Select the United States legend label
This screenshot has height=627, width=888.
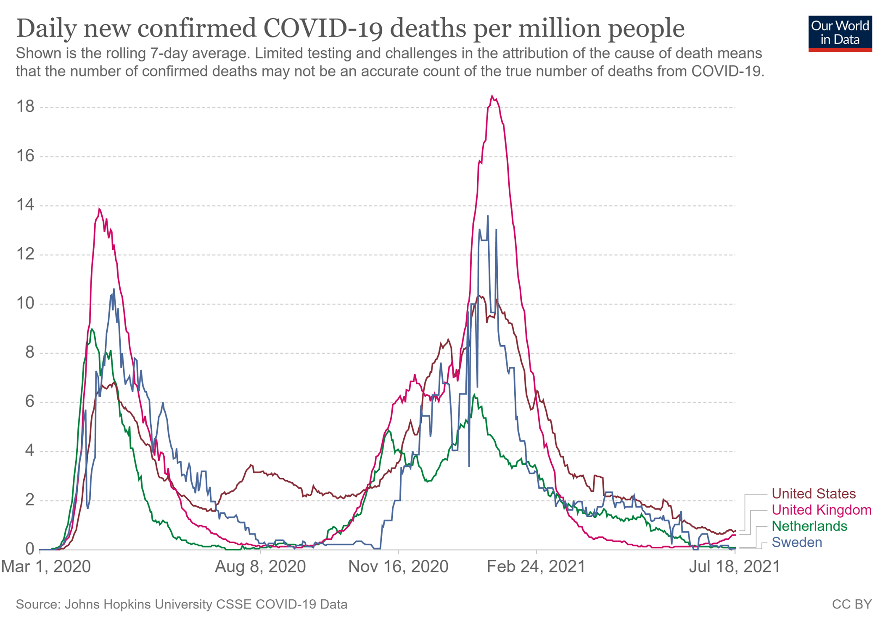click(x=814, y=494)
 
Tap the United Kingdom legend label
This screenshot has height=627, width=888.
click(x=822, y=510)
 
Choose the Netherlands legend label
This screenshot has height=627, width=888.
click(x=809, y=526)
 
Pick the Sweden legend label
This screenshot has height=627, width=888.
click(x=797, y=542)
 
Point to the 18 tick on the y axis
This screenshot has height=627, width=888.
click(x=25, y=107)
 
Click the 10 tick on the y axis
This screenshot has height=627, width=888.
click(x=25, y=303)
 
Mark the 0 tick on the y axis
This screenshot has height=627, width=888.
click(x=29, y=549)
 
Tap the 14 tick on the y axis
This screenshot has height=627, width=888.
click(x=25, y=205)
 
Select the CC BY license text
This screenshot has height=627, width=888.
click(x=852, y=604)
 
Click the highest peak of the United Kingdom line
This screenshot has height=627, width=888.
click(x=492, y=96)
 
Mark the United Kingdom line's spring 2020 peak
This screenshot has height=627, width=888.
click(x=99, y=209)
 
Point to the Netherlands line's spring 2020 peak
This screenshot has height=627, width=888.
click(x=92, y=329)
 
